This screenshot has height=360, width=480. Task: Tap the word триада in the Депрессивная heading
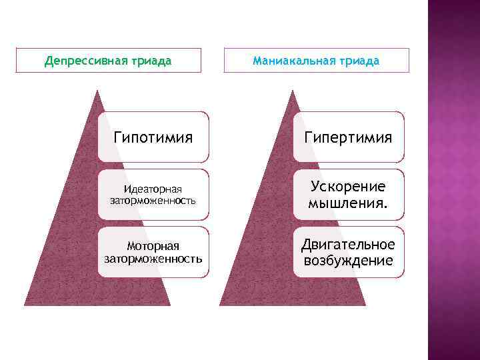click(151, 61)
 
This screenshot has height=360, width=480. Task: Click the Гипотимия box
click(153, 137)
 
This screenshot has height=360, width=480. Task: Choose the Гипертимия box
click(349, 137)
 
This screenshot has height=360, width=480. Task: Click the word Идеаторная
click(153, 189)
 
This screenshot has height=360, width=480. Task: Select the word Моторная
click(153, 246)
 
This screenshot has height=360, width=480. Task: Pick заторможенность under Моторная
click(153, 258)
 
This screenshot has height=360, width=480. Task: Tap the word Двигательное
click(348, 244)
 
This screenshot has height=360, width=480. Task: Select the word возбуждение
click(348, 260)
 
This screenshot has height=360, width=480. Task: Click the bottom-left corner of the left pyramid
click(25, 305)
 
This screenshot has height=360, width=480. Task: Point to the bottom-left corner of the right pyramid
click(220, 305)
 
